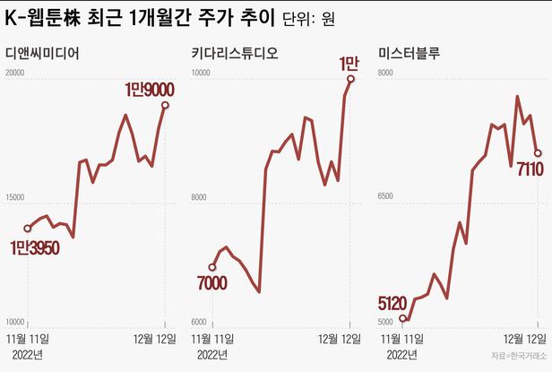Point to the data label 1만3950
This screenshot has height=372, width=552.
coord(35,247)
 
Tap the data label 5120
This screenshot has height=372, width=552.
coord(394,302)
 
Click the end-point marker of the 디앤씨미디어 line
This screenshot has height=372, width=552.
coord(165,105)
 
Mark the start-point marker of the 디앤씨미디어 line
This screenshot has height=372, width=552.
coord(28,228)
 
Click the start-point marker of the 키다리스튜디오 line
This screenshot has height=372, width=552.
coord(212,266)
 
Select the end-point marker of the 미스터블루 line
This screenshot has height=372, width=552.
coord(538,152)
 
